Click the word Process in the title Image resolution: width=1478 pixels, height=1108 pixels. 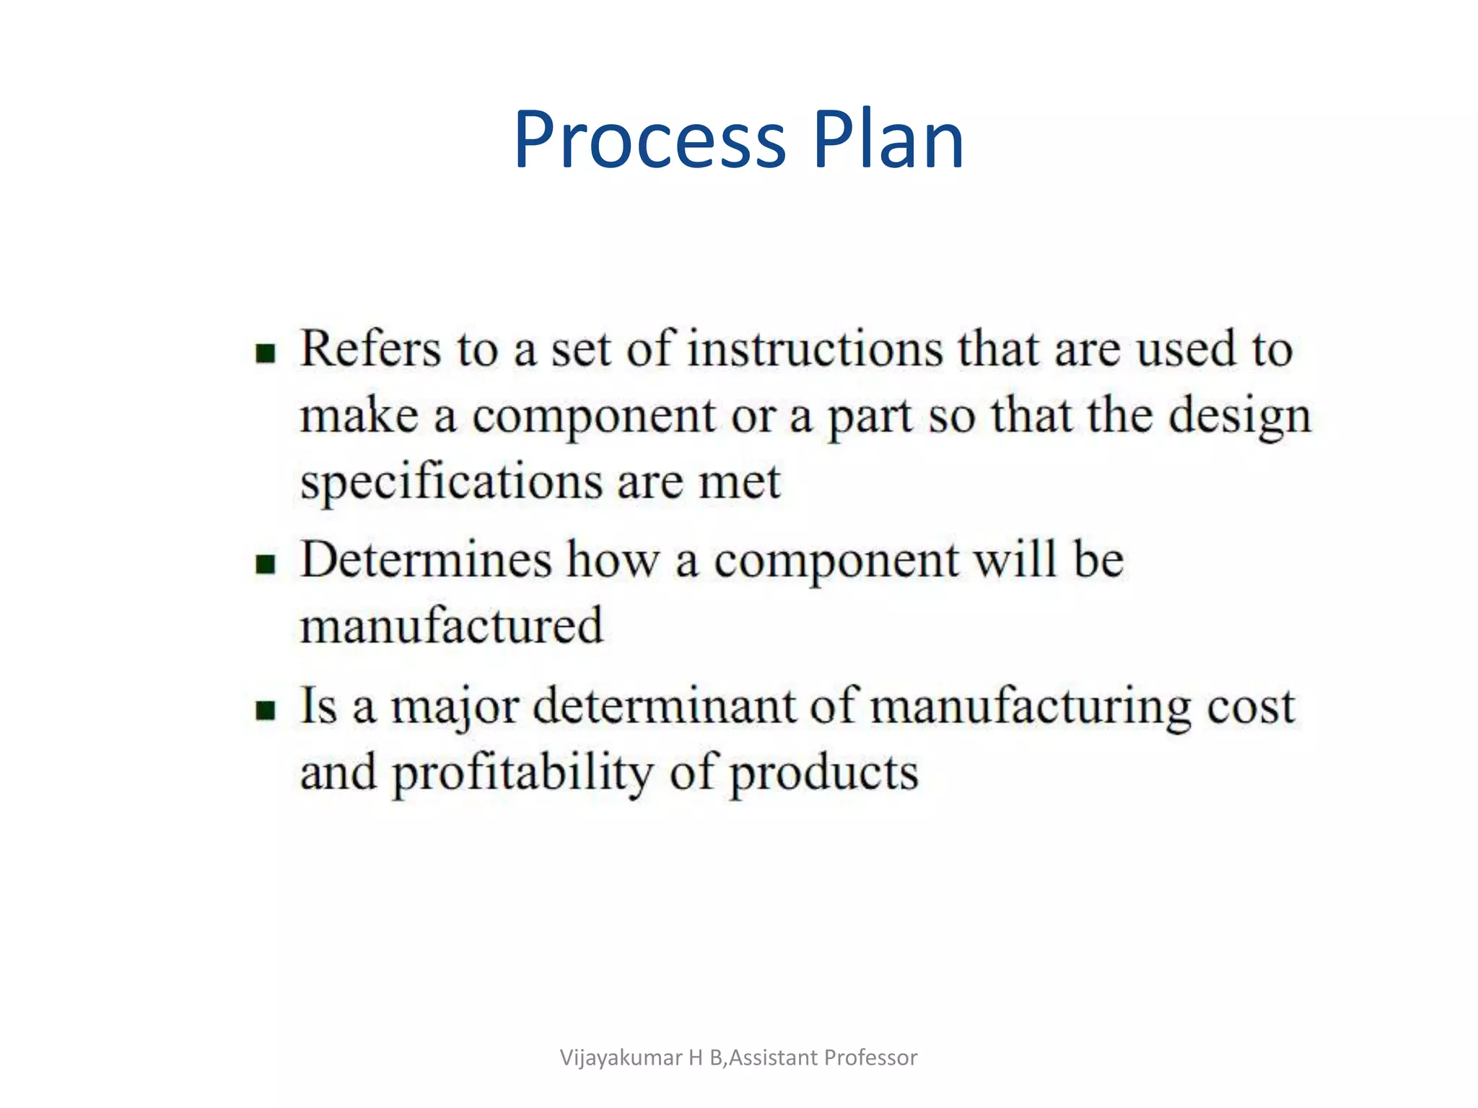pos(650,141)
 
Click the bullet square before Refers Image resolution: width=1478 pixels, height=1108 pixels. pos(266,353)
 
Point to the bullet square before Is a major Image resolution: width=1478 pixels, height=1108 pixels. pos(266,710)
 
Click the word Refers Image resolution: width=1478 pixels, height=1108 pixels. pos(370,349)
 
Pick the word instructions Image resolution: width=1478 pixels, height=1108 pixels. pos(815,349)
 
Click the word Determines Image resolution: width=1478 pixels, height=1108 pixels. pos(426,560)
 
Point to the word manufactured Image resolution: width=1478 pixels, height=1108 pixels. pos(451,626)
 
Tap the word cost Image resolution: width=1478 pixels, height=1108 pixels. pos(1252,707)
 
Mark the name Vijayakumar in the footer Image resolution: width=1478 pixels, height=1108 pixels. pos(621,1058)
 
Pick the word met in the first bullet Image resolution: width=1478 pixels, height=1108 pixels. pos(740,482)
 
